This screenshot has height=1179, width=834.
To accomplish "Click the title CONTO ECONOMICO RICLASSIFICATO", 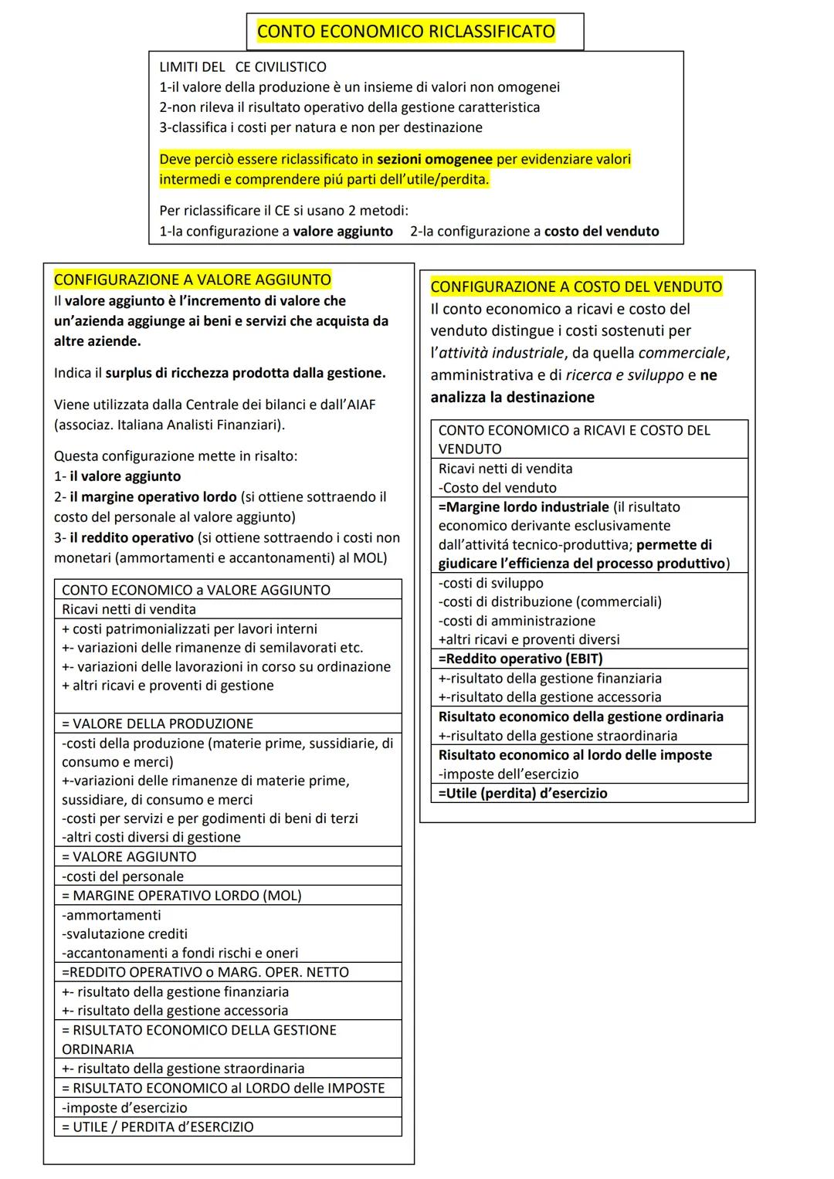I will point(405,32).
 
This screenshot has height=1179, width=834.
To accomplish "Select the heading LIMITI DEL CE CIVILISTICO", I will point(242,67).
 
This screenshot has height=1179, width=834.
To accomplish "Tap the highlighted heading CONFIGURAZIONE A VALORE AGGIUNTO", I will point(192,280).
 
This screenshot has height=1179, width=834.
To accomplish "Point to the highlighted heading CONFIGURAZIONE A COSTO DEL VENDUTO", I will point(576,286).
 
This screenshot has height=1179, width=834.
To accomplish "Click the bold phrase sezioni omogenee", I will point(434,159).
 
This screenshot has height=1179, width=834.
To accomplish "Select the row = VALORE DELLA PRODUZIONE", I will point(158,723).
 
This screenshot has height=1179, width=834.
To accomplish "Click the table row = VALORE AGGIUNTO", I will point(130,856).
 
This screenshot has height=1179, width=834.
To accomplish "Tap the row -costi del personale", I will point(123,876).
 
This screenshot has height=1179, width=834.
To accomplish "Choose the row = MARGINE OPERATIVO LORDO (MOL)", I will point(181,896).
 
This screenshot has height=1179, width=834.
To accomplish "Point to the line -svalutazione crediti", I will point(124,933).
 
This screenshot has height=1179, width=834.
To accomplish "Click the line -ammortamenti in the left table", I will point(112,915).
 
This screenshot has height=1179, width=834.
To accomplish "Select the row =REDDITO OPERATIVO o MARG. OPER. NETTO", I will point(205,972).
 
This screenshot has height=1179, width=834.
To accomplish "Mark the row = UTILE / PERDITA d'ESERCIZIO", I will point(158,1126).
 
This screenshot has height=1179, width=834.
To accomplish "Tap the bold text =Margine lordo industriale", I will point(524,507).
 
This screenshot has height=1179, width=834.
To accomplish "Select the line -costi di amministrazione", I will point(517,621).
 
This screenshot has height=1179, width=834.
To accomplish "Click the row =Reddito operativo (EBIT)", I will point(520,659).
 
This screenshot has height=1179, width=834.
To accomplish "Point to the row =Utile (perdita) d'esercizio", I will point(523,793).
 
